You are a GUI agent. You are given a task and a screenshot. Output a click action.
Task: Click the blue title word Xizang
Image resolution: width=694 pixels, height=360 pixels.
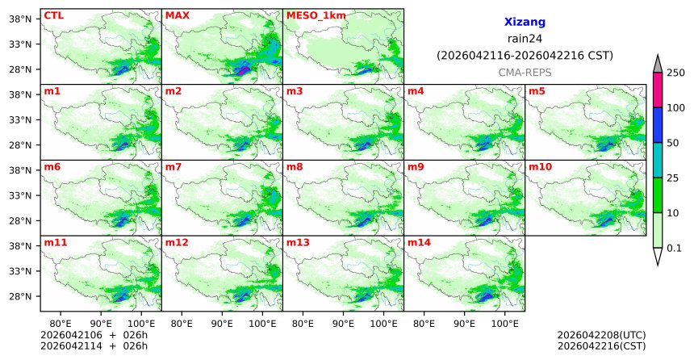[525, 23]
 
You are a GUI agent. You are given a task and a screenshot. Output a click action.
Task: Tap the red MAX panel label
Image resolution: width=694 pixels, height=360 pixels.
[177, 15]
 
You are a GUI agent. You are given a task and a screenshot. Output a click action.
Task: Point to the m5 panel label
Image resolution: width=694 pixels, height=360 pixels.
[537, 90]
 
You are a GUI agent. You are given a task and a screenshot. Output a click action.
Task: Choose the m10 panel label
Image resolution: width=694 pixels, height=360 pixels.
[540, 166]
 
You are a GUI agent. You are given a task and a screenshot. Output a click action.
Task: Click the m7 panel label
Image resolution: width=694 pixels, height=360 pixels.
[173, 166]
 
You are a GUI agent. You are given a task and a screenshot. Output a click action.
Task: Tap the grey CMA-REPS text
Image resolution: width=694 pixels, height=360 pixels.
[525, 73]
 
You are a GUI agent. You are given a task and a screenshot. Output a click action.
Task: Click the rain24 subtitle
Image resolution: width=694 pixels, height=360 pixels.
[525, 39]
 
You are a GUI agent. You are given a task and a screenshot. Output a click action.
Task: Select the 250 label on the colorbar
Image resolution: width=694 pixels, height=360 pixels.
[675, 73]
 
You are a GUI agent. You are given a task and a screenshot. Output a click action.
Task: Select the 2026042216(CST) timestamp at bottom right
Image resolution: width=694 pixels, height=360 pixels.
[601, 346]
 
